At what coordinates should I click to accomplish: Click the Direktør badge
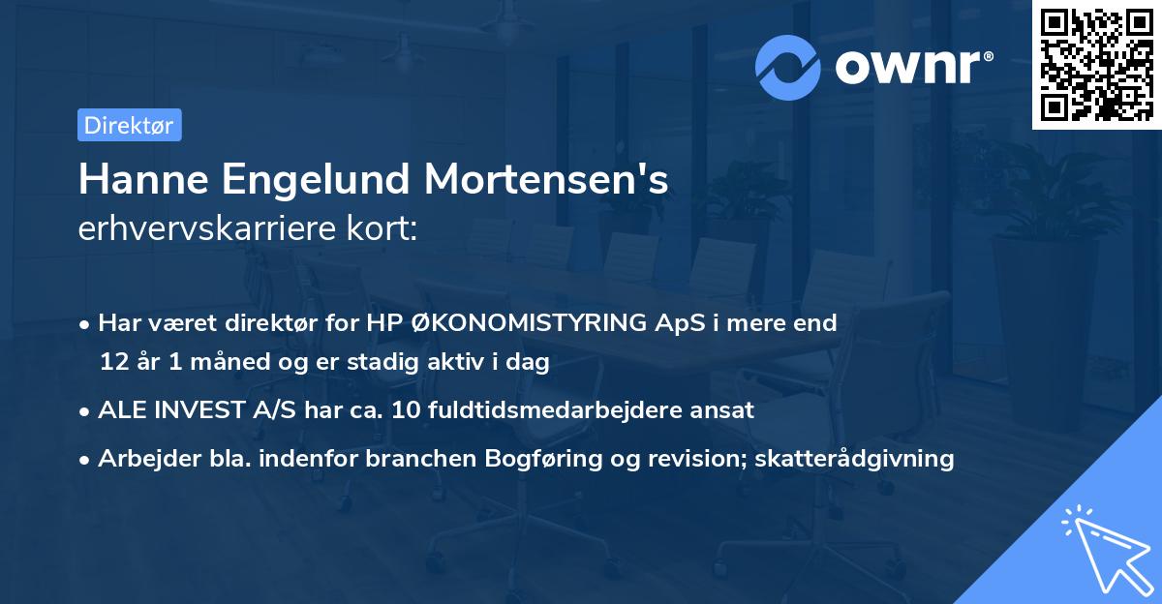tap(129, 125)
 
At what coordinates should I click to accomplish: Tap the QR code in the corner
tap(1096, 64)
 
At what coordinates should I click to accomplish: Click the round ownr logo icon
tap(787, 68)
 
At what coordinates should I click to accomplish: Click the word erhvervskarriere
tap(209, 229)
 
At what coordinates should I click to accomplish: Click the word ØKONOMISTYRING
tap(507, 323)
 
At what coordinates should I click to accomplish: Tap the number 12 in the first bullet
tap(113, 363)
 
